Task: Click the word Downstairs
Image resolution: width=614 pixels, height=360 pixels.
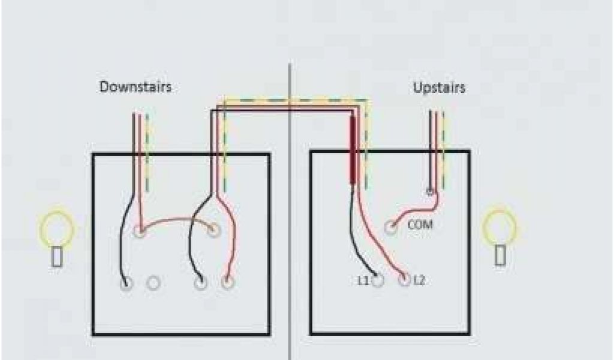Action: click(136, 87)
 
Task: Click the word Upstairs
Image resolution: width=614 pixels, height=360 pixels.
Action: click(440, 88)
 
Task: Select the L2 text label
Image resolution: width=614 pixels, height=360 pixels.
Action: click(419, 280)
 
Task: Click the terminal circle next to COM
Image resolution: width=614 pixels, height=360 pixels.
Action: click(391, 227)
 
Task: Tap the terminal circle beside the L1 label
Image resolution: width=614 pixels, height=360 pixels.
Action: click(378, 280)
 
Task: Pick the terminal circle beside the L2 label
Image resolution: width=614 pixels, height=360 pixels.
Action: click(405, 280)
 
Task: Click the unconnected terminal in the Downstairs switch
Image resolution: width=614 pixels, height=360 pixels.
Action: click(154, 283)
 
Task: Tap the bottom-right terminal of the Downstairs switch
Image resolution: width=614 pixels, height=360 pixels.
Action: click(227, 283)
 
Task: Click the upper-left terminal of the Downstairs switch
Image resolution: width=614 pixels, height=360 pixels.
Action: click(140, 230)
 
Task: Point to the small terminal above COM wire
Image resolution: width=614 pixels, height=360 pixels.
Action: click(429, 193)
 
